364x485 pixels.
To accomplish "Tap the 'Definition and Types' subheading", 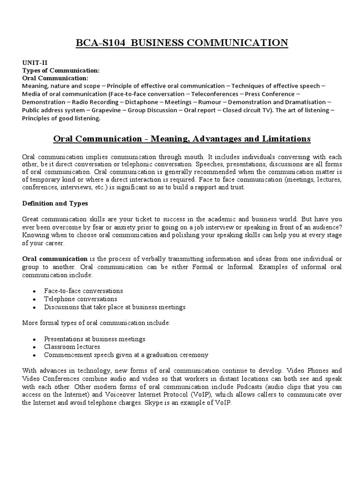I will tap(55, 203).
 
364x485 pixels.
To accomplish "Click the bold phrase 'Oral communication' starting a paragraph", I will tap(55, 259).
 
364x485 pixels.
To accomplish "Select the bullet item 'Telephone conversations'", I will tap(81, 299).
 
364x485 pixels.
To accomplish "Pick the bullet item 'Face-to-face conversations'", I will tap(83, 291).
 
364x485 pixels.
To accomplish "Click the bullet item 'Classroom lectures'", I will tap(72, 347).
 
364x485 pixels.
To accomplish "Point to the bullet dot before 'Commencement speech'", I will tap(35, 355).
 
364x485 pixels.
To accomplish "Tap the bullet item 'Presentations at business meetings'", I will tap(95, 339).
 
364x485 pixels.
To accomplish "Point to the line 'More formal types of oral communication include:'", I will tap(96, 323).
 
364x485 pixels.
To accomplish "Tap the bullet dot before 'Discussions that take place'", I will tap(35, 307).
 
